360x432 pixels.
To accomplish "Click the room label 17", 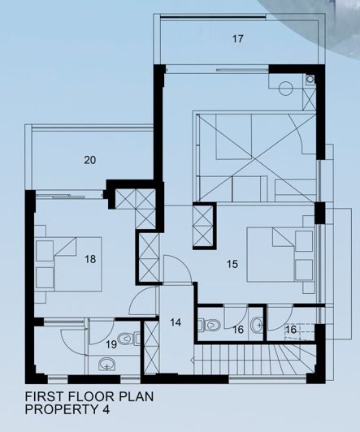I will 237,38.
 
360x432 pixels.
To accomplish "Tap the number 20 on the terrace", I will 89,160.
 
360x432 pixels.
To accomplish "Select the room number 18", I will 89,260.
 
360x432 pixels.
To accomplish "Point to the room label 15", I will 232,264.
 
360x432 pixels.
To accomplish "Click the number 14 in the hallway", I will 176,322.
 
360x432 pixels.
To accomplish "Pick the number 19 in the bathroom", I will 111,343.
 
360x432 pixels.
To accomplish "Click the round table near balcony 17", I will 285,90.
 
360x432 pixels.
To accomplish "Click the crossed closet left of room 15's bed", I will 204,225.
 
